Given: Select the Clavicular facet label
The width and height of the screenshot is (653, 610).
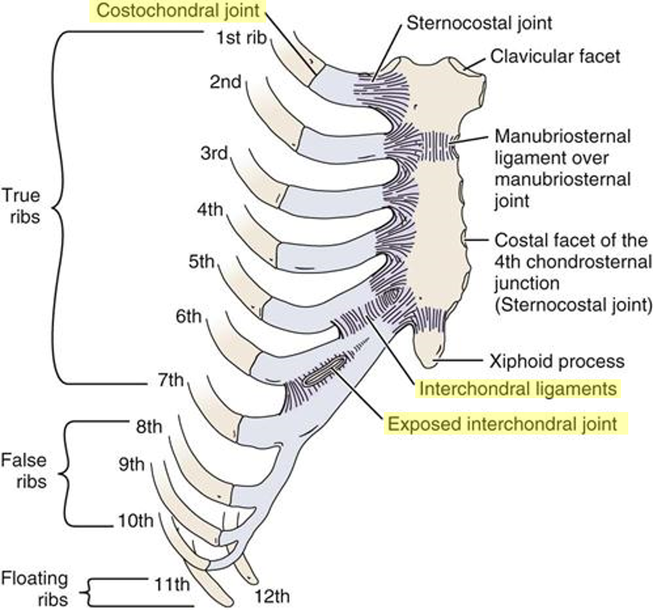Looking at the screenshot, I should [x=554, y=55].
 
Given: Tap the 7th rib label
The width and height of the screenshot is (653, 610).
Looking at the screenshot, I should [x=174, y=381].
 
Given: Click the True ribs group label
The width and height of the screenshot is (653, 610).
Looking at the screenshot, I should [x=21, y=206].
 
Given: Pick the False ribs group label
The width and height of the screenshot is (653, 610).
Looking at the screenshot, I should [x=24, y=471].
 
